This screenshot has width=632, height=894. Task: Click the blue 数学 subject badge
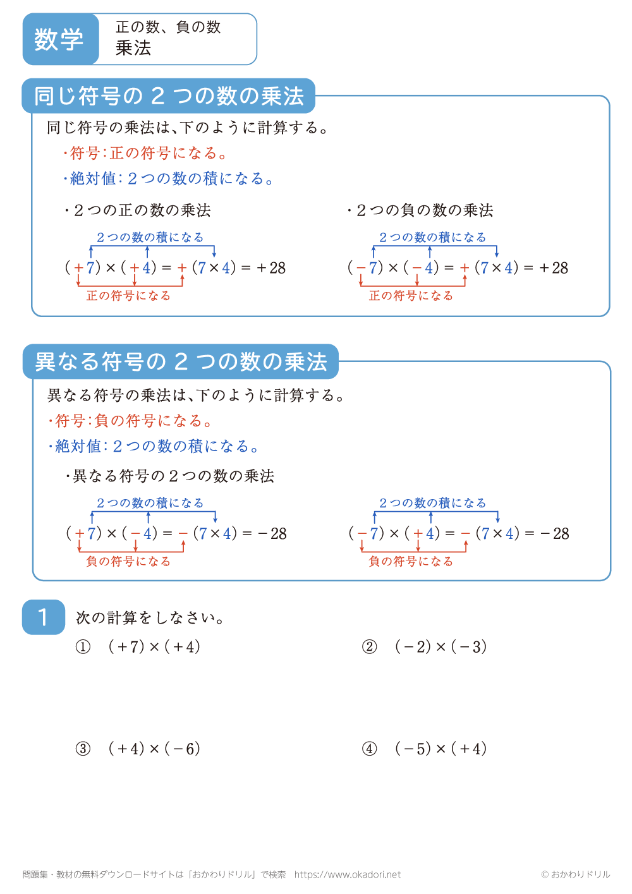[59, 39]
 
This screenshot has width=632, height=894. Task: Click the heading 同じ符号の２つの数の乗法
[169, 96]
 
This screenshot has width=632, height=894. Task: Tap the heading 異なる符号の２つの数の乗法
[181, 361]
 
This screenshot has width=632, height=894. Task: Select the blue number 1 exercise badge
[43, 617]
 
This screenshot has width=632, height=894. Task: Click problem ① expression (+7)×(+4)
[154, 646]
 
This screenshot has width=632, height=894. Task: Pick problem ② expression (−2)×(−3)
[441, 646]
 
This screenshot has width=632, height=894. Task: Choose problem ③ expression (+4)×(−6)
[154, 749]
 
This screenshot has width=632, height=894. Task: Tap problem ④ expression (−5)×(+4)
[441, 749]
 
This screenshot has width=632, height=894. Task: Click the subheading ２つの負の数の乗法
[420, 210]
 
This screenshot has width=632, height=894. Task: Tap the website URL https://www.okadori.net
[348, 874]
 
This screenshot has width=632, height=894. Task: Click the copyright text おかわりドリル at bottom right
[576, 874]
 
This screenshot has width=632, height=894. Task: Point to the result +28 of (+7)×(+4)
[272, 268]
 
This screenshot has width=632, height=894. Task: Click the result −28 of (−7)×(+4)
[555, 534]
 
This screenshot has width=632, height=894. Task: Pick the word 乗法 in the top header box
[133, 48]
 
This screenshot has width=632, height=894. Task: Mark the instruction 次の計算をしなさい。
[150, 617]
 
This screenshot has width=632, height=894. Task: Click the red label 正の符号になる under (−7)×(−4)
[411, 296]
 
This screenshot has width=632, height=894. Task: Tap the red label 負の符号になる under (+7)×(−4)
[128, 561]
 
